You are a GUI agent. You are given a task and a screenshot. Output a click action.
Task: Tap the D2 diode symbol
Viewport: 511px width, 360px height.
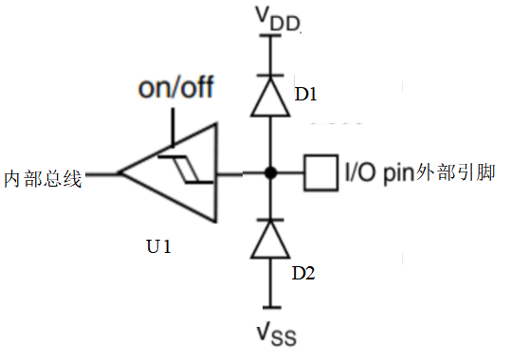[270, 239]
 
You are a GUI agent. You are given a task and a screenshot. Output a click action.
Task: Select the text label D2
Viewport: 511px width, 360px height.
[303, 274]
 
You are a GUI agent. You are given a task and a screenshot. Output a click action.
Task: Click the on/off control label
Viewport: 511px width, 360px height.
[175, 90]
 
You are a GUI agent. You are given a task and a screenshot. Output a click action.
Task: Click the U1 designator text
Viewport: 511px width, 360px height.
[158, 248]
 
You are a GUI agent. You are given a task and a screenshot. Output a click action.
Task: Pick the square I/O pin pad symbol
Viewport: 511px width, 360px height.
[321, 173]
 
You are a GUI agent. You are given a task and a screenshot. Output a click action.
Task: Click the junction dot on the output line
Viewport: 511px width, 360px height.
[270, 173]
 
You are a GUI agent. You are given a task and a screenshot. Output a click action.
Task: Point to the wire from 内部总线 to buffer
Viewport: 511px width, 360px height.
[100, 173]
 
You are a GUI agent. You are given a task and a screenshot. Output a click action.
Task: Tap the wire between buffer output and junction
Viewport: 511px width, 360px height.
[242, 173]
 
